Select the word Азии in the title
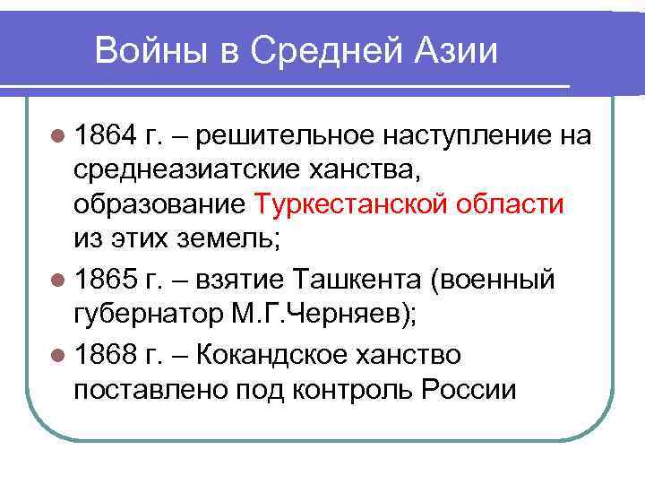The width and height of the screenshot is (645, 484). (x=457, y=51)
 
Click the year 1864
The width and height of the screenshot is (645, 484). (x=106, y=135)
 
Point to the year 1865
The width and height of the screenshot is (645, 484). (x=106, y=281)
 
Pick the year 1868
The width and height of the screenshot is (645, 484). (x=106, y=356)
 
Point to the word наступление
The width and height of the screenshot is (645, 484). (x=465, y=135)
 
